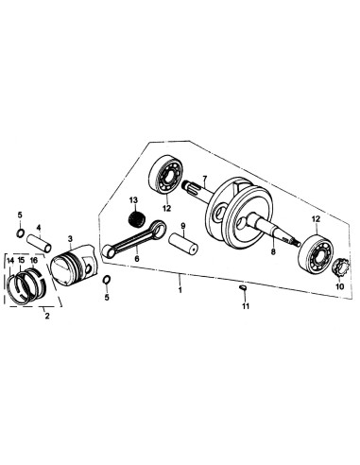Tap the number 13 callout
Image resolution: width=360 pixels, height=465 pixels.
click(134, 199)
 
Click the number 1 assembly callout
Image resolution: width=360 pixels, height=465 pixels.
click(180, 281)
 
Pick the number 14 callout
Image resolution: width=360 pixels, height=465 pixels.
click(9, 260)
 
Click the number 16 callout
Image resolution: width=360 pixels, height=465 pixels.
click(34, 260)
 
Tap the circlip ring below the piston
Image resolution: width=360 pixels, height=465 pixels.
click(106, 280)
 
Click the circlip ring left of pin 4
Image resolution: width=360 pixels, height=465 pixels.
click(20, 233)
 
